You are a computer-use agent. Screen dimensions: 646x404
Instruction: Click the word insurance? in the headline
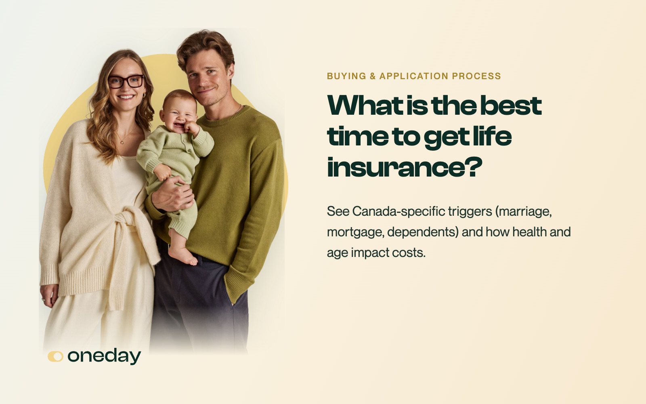click(x=404, y=167)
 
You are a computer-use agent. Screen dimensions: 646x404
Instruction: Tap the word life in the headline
click(x=492, y=136)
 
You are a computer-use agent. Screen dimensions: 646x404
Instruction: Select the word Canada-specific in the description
click(x=399, y=212)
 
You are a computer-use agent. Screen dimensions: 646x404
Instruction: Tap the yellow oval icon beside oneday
click(x=55, y=356)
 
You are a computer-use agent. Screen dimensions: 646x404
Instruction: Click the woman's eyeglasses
click(x=126, y=81)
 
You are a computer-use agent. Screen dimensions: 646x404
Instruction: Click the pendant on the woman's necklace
click(x=122, y=142)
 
